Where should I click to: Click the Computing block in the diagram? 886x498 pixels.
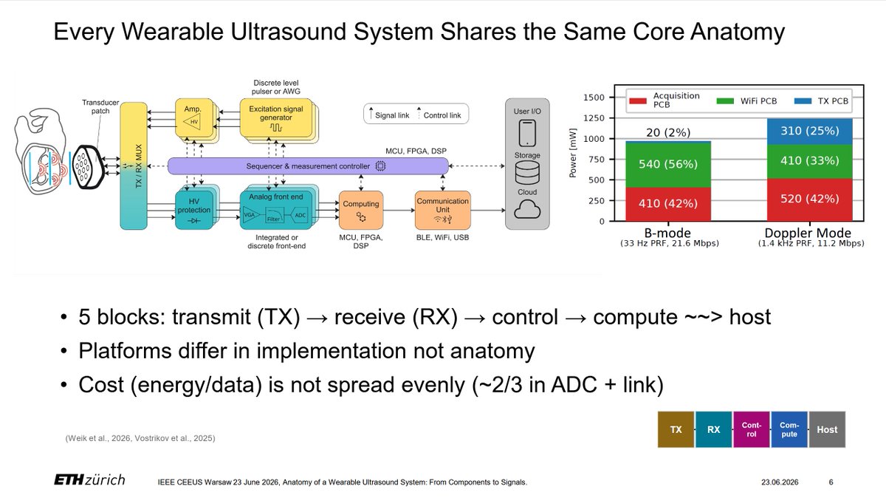coord(361,210)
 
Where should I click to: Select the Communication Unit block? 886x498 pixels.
coord(442,210)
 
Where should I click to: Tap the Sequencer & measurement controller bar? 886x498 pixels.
coord(308,166)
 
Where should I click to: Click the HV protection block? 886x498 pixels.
coord(193,210)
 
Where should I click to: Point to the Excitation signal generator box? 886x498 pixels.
coord(275,118)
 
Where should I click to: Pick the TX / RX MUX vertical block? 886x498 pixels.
coord(134,166)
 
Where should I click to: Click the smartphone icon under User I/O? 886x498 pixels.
coord(527,133)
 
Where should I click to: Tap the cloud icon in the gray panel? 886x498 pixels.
coord(527,209)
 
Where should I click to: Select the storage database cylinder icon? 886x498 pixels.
coord(527,173)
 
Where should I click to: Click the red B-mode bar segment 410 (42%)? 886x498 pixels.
coord(668,204)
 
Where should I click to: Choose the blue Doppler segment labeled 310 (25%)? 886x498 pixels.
coord(810,132)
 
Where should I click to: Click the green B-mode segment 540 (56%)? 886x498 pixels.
coord(668,165)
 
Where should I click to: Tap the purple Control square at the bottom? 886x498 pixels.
coord(752,429)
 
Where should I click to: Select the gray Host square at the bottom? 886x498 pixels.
coord(827,429)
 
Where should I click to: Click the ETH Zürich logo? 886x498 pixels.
coord(89,480)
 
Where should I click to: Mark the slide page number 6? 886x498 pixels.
coord(831,482)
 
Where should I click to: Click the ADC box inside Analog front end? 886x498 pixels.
coord(301,215)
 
